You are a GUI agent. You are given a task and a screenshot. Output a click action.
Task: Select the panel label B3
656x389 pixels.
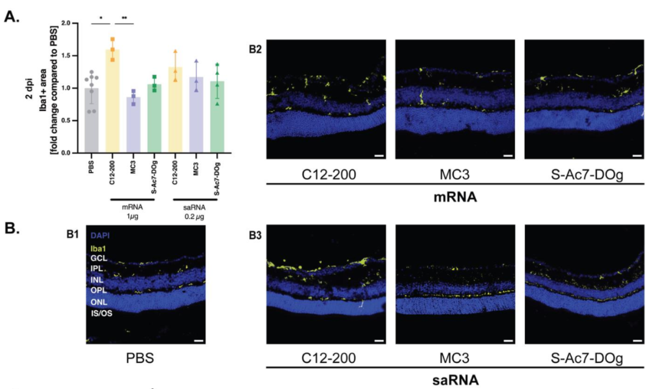click(x=256, y=235)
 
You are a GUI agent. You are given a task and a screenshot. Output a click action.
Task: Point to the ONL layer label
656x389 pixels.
click(x=98, y=302)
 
